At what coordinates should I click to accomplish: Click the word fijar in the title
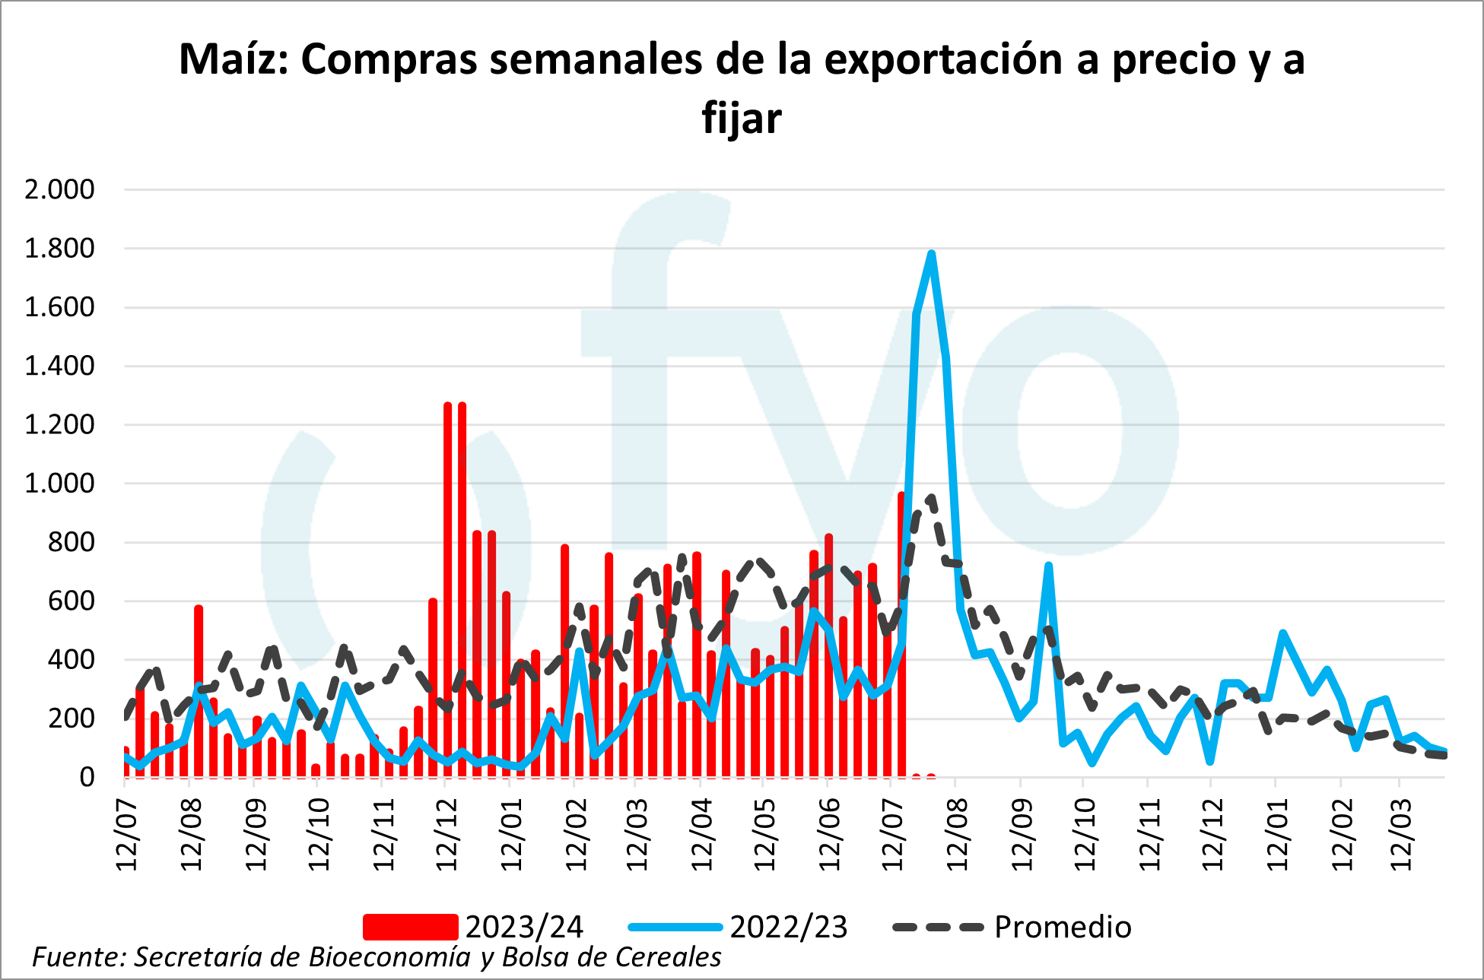click(742, 119)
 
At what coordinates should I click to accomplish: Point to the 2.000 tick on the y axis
click(59, 189)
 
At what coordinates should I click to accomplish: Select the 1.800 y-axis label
click(59, 249)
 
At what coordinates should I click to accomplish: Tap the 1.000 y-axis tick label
click(59, 484)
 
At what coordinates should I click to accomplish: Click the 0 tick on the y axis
click(87, 777)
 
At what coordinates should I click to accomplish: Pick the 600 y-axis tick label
click(71, 601)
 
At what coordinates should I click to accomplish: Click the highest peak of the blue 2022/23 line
click(931, 254)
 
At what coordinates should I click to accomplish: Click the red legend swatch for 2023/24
click(410, 927)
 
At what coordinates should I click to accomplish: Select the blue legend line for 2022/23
click(675, 927)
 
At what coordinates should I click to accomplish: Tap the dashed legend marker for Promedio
click(938, 927)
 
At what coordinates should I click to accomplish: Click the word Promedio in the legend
click(1063, 927)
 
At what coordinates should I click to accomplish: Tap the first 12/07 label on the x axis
click(127, 835)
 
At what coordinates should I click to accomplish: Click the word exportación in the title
click(943, 59)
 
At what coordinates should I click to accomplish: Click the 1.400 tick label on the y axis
click(59, 366)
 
